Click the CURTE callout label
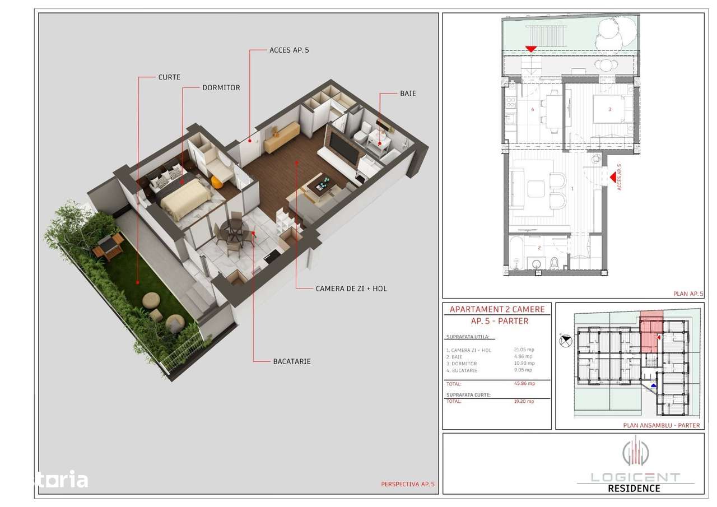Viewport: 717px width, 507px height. [x=169, y=77]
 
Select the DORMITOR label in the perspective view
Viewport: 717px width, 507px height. [x=221, y=88]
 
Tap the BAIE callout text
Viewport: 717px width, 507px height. [x=408, y=94]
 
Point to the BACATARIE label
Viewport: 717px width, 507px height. [x=292, y=361]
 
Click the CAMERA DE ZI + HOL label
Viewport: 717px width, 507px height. [x=351, y=289]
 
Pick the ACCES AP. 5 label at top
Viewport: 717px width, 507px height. [x=289, y=50]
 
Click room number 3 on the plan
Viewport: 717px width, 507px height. [x=609, y=109]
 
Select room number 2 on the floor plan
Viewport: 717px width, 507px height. [x=539, y=247]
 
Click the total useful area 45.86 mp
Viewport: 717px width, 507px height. [x=524, y=384]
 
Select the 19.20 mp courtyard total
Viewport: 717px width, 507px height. [x=524, y=401]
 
